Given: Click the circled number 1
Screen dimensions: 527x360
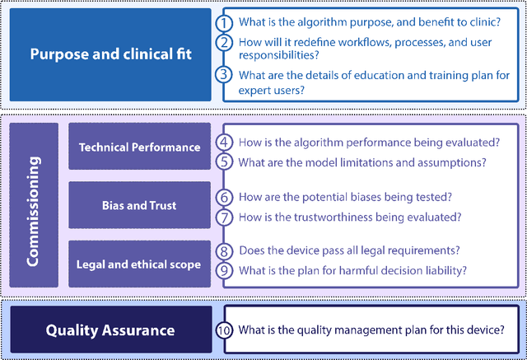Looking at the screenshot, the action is [x=223, y=22].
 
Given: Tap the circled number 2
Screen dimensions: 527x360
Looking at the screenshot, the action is [x=223, y=43].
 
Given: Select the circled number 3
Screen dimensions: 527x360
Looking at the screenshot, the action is [x=223, y=75].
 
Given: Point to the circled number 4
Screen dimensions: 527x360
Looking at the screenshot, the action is [x=224, y=143].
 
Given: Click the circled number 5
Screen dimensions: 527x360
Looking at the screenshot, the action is [x=224, y=162].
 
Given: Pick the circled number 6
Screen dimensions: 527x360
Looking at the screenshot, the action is [x=224, y=198].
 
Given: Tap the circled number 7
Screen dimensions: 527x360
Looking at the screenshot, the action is [x=224, y=217].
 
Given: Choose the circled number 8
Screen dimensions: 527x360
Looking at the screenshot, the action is [x=224, y=250].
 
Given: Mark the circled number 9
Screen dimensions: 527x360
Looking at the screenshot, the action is [x=224, y=269].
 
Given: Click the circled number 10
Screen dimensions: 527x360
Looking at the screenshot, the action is [x=224, y=330].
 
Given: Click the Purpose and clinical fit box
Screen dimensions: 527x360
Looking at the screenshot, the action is [x=110, y=54].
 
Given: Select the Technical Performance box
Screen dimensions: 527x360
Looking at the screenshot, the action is [x=139, y=147].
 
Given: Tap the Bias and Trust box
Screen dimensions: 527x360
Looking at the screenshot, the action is [x=139, y=205].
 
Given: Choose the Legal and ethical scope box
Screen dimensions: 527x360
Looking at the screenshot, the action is [x=139, y=264].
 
